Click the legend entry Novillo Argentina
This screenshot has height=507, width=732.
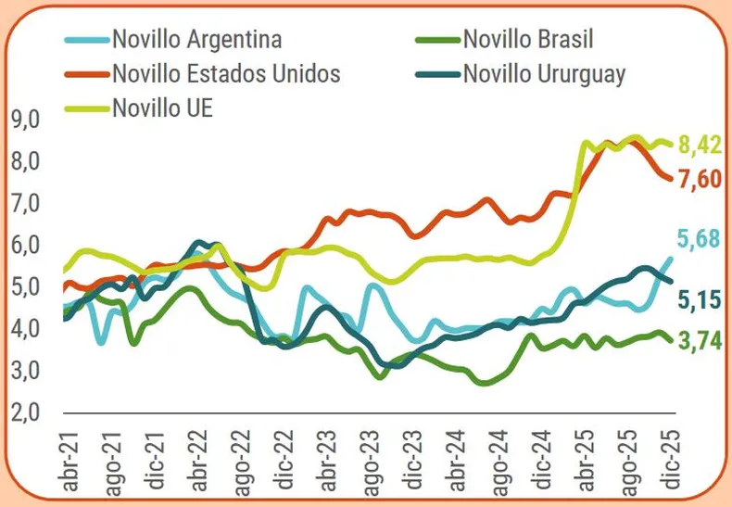[x=196, y=39]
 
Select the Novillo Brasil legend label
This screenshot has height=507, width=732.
[x=527, y=39]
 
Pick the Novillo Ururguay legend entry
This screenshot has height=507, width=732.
[x=543, y=73]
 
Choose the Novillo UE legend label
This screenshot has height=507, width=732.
[x=162, y=108]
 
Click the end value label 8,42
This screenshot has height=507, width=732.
[x=700, y=146]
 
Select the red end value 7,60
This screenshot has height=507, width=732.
[x=700, y=179]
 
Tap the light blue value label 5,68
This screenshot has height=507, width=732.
[x=700, y=240]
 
